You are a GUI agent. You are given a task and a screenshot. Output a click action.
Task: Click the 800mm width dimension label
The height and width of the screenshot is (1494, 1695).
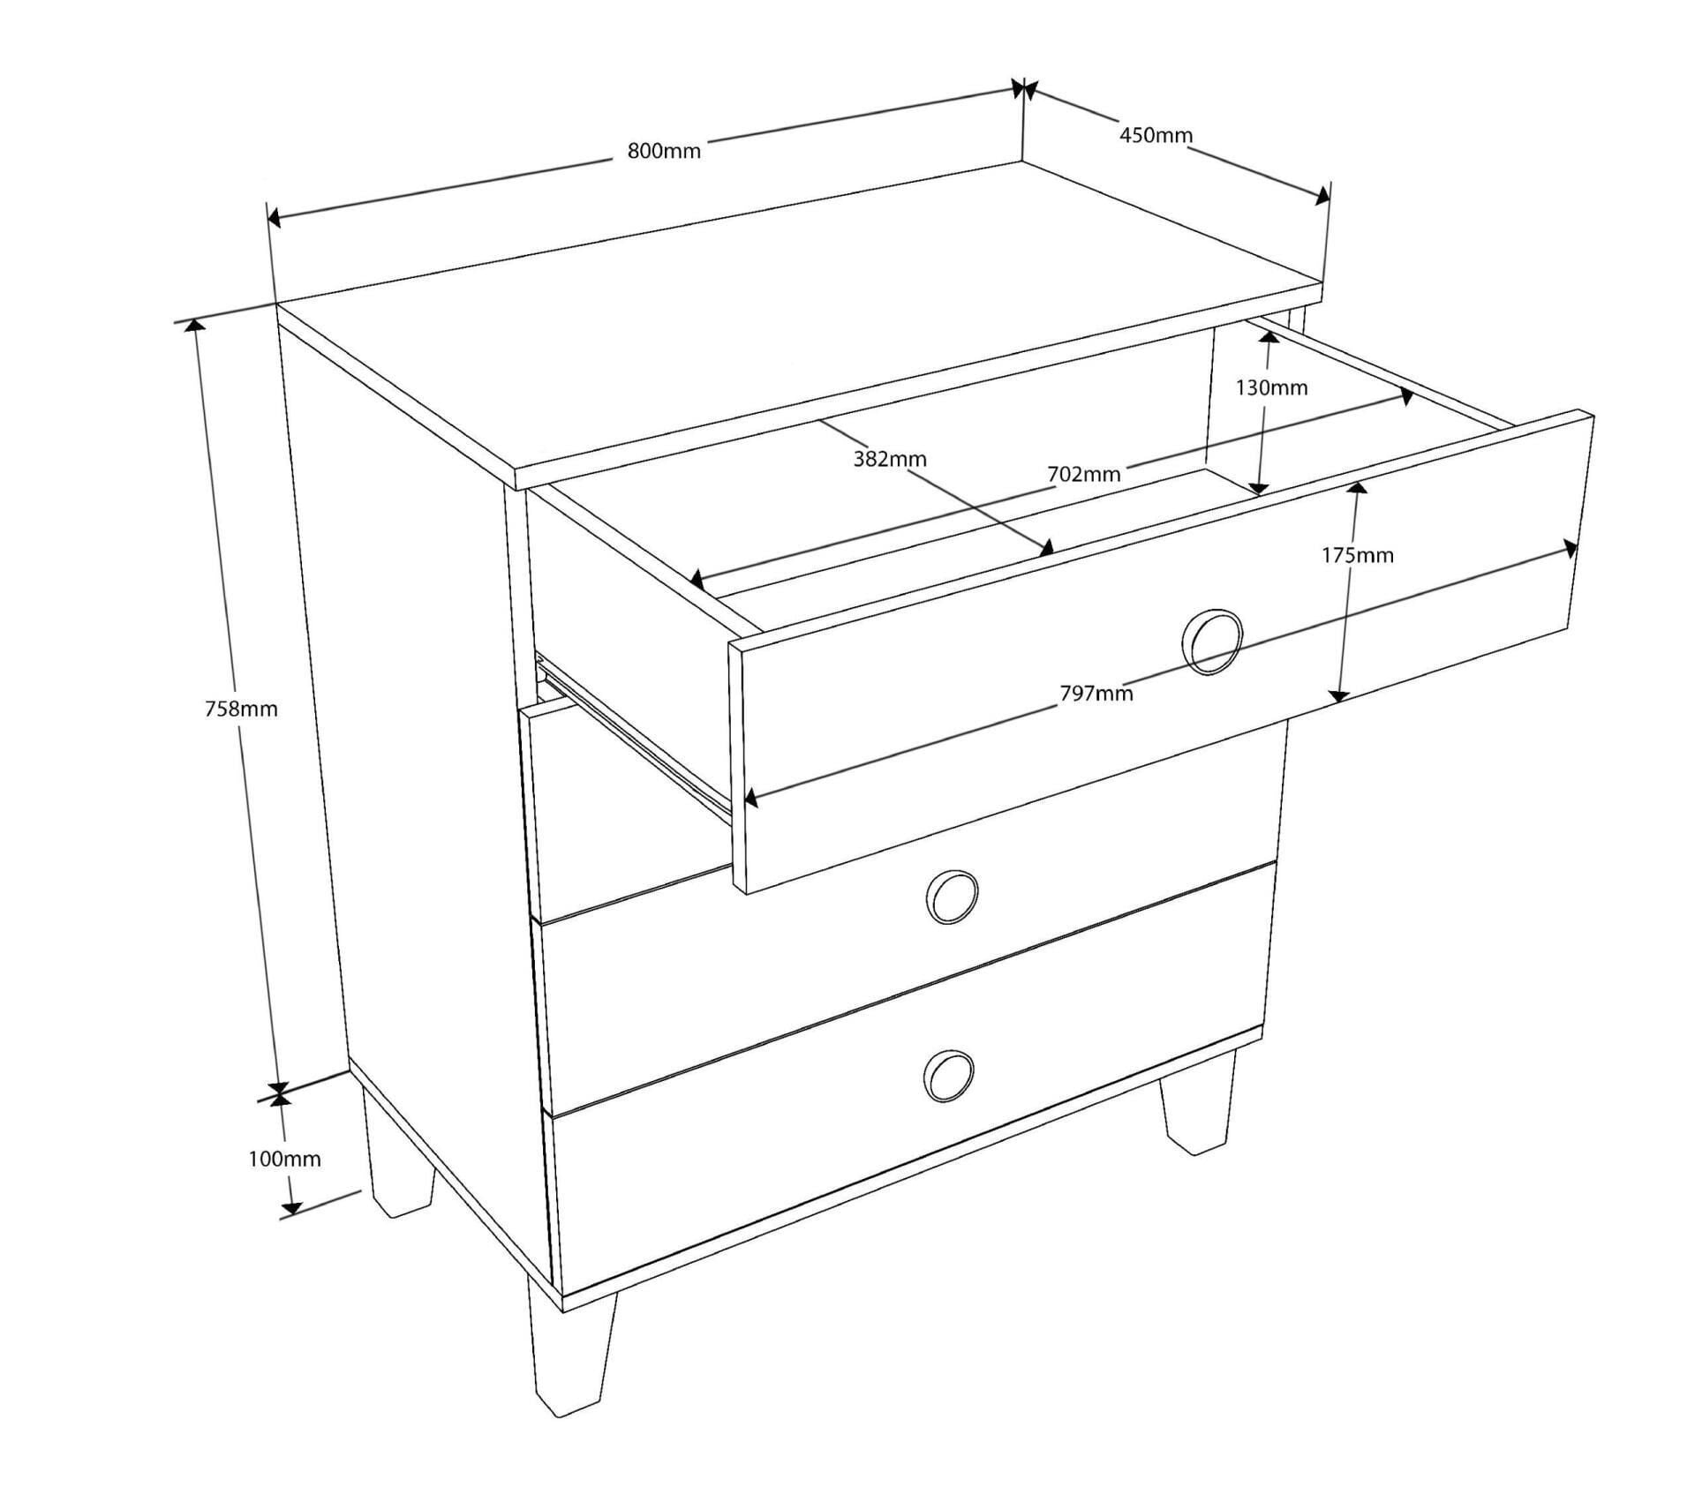point(664,151)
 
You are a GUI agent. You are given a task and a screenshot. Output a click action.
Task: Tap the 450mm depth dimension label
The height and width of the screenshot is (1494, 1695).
point(1156,135)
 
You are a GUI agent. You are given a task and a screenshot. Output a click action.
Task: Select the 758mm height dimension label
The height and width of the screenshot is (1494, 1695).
point(241,709)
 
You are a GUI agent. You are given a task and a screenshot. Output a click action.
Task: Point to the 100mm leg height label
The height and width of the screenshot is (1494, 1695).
point(284,1159)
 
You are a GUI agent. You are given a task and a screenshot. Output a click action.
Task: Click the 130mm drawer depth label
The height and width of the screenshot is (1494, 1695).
point(1271,387)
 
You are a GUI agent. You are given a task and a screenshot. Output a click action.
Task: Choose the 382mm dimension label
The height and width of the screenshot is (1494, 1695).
point(890,459)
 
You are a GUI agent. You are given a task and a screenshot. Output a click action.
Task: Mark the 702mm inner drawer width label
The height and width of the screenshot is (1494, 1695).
point(1084,474)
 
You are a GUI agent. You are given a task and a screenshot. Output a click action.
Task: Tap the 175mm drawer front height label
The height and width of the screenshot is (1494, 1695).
point(1357,555)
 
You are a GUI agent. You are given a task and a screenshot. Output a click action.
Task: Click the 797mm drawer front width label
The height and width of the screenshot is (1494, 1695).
point(1096,694)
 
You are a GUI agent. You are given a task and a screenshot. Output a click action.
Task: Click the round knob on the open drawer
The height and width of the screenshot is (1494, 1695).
point(1212,642)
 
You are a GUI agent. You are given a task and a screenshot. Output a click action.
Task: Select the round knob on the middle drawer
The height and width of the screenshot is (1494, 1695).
point(952,897)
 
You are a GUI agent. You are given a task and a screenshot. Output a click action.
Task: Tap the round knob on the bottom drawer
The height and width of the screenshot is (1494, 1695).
point(948,1077)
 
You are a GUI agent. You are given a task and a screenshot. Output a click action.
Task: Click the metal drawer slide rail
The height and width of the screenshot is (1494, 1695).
point(634,734)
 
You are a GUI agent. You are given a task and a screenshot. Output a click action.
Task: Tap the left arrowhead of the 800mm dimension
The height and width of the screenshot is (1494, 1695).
point(275,218)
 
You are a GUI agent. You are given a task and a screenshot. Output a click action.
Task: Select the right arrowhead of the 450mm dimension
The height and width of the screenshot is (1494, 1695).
point(1322,196)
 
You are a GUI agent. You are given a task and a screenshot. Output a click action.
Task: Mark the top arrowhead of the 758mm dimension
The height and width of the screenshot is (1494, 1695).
point(195,326)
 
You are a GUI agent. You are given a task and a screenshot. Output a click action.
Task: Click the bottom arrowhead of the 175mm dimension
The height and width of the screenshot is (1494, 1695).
point(1338,694)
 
